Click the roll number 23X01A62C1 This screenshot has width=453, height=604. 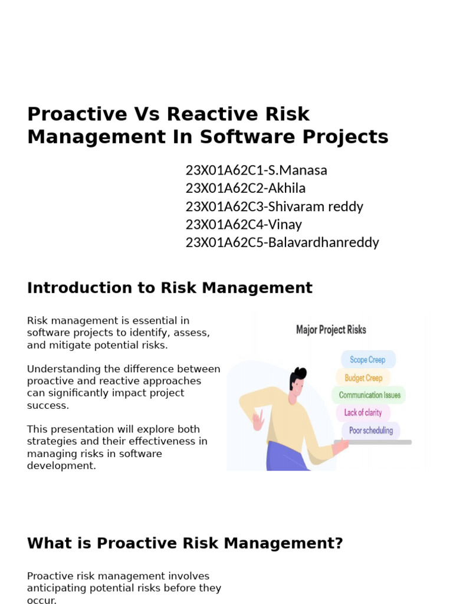click(x=224, y=170)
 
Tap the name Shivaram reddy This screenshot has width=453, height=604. click(x=316, y=206)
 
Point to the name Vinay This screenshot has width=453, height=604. click(x=285, y=225)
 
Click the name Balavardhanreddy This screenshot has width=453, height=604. click(x=323, y=242)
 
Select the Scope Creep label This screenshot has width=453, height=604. click(x=367, y=360)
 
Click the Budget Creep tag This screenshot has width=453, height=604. click(x=363, y=378)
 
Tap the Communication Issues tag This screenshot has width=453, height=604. click(x=369, y=395)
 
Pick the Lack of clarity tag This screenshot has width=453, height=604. click(x=363, y=413)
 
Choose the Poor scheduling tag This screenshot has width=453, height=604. click(x=370, y=431)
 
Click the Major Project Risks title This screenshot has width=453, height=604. click(x=331, y=330)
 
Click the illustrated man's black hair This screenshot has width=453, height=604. click(x=298, y=376)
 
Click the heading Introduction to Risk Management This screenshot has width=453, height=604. click(x=169, y=288)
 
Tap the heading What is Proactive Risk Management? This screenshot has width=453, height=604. click(x=185, y=543)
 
